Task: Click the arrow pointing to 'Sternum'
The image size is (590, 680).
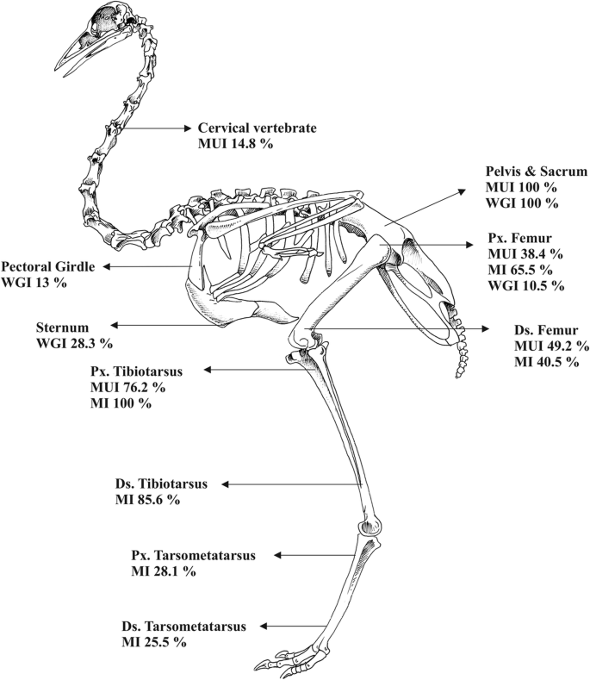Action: (165, 326)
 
